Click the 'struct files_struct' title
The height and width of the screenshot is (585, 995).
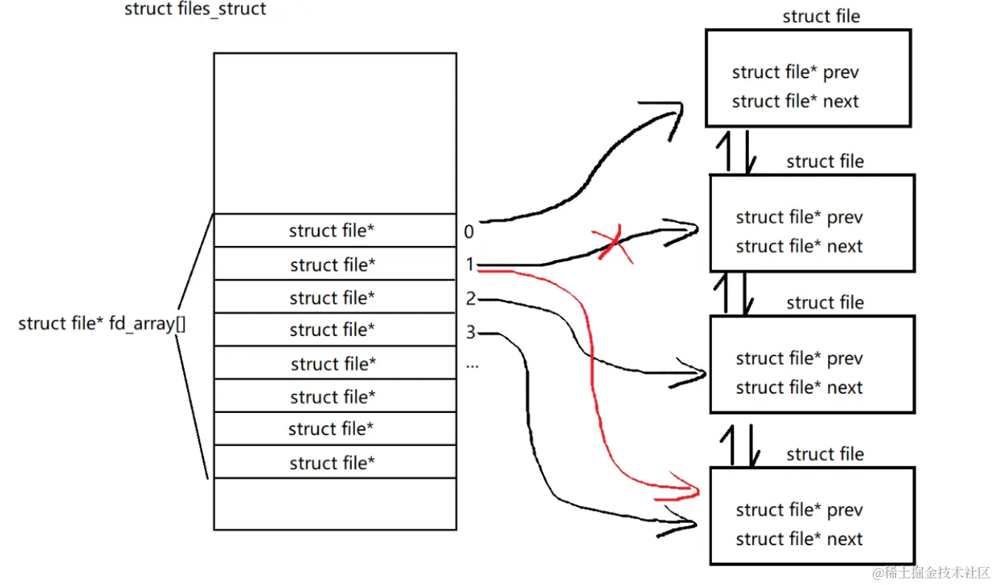pos(195,10)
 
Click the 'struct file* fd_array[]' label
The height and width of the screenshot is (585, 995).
pos(102,323)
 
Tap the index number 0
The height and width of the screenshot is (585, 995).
pos(469,232)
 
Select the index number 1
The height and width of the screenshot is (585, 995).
pos(469,264)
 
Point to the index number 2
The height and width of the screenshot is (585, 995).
pos(470,298)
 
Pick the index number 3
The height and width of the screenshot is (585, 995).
pos(470,332)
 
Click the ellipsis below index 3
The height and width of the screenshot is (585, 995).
pos(472,364)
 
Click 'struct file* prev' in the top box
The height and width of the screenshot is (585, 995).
pos(795,72)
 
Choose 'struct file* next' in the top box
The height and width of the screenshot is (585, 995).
pos(795,101)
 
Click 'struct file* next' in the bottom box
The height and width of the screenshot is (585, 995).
pos(799,539)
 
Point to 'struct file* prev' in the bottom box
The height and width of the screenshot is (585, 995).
pos(799,510)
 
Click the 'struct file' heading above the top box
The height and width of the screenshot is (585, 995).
pos(821,16)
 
